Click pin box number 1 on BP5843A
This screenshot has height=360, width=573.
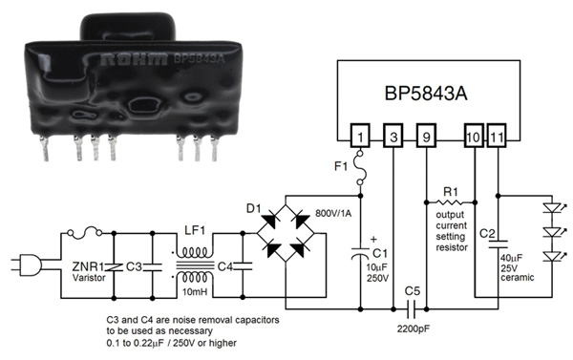click(x=359, y=136)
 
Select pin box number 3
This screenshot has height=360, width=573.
click(x=393, y=136)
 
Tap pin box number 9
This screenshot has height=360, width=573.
click(x=427, y=136)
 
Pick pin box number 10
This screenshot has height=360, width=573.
click(x=475, y=136)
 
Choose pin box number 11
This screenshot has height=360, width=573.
click(x=499, y=136)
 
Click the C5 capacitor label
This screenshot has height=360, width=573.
click(x=412, y=289)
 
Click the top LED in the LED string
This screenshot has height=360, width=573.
click(x=548, y=207)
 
